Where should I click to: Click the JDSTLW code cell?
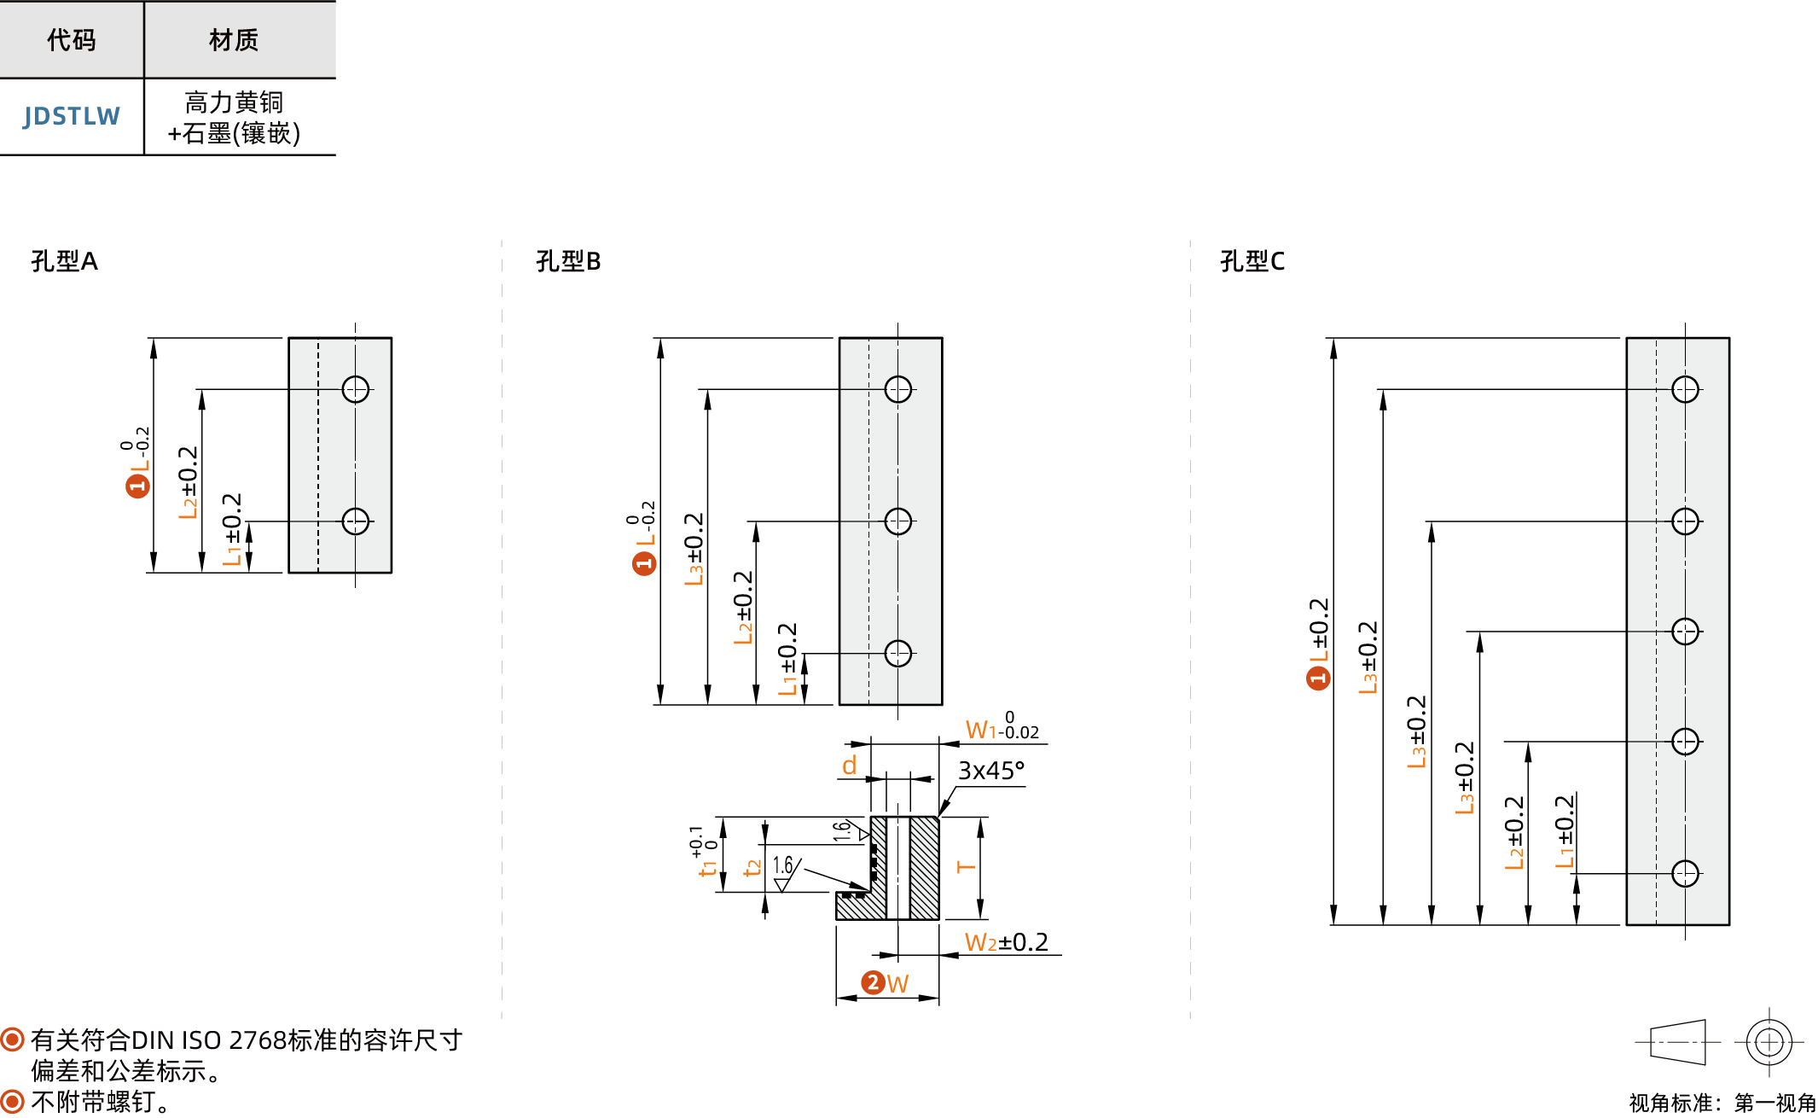(x=72, y=116)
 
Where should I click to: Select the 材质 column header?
(x=234, y=39)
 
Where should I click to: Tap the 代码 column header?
(x=72, y=39)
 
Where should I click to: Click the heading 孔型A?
(x=65, y=260)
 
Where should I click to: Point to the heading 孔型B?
(x=568, y=260)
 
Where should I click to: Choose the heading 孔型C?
(x=1252, y=260)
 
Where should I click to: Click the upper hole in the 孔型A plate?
(x=356, y=389)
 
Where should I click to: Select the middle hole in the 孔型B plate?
(x=898, y=521)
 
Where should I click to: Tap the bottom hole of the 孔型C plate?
(x=1685, y=873)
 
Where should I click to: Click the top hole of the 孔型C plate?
(x=1685, y=389)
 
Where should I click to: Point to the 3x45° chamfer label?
(x=991, y=771)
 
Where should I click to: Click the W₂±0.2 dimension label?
(x=1007, y=942)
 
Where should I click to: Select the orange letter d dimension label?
(x=850, y=766)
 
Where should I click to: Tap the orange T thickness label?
(x=966, y=867)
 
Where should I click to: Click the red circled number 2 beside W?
(x=873, y=982)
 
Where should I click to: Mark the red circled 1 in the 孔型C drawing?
(x=1319, y=678)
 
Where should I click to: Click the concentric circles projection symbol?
(x=1769, y=1042)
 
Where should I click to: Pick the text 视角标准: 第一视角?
(x=1722, y=1103)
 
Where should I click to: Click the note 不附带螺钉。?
(x=102, y=1101)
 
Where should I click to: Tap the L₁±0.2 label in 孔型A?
(x=232, y=529)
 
